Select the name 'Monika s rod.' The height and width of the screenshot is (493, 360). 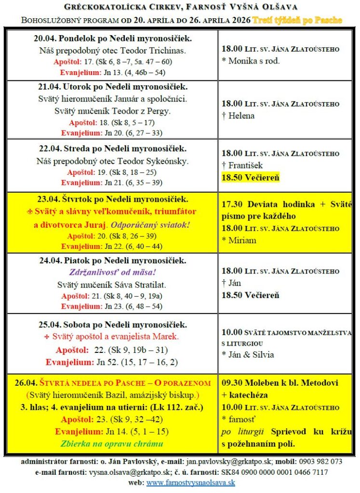(x=253, y=61)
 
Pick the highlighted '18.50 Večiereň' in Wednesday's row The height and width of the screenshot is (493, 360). (x=250, y=178)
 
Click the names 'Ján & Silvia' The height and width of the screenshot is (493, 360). (x=251, y=355)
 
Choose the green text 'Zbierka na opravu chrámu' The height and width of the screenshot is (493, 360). (x=112, y=443)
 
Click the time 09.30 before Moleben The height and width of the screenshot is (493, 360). (x=234, y=383)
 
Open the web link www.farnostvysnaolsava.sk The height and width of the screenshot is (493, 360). (x=190, y=483)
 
